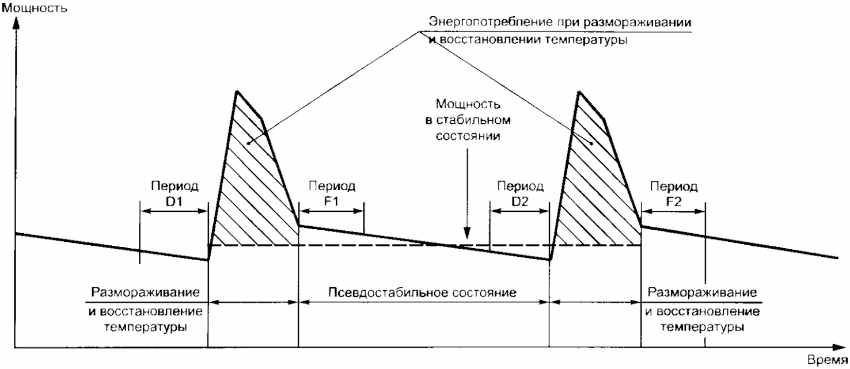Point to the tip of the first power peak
coord(236,92)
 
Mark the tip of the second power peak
coord(578,92)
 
